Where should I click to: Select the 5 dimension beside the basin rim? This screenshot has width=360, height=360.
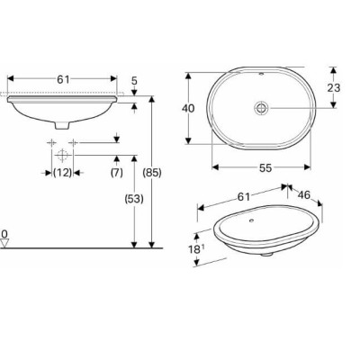pos(134,80)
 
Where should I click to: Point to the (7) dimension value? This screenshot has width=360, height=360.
pos(116,172)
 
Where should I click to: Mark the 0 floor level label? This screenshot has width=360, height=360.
pos(4,234)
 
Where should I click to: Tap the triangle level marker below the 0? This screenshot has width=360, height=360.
pos(4,244)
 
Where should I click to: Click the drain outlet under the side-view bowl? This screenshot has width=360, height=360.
pos(61,123)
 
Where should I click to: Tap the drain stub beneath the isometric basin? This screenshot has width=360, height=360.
pos(267,255)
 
